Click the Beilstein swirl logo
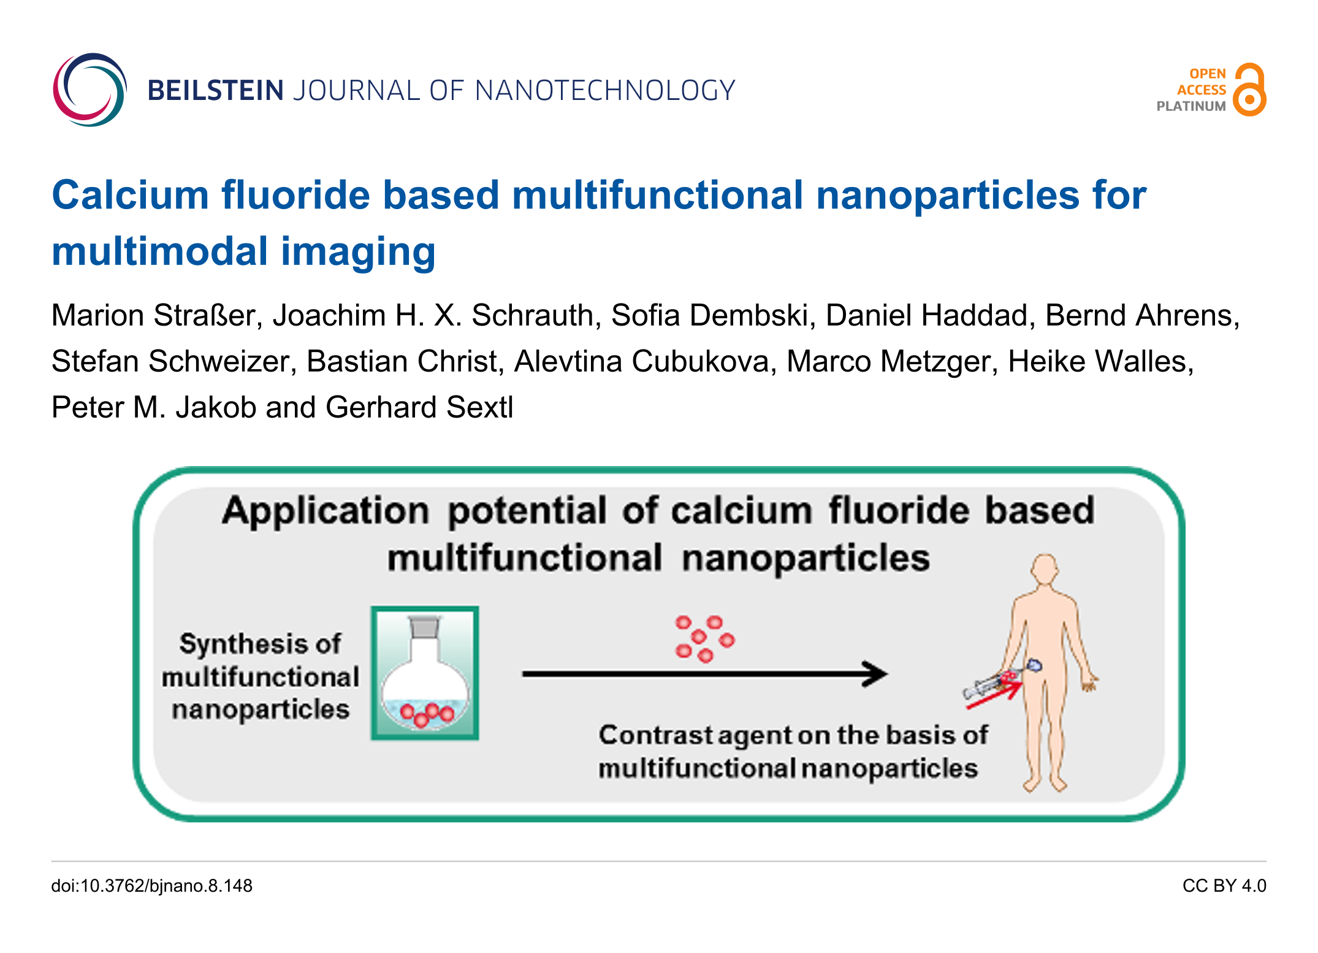click(90, 90)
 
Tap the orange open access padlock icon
click(1249, 90)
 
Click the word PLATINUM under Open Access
click(1190, 106)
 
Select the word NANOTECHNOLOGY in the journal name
click(605, 91)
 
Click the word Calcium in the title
click(131, 196)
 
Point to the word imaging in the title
click(358, 252)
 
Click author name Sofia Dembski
click(714, 315)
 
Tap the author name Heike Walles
click(1101, 361)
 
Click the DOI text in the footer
click(151, 886)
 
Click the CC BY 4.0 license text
click(1224, 886)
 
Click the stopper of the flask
click(424, 627)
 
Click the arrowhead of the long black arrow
click(875, 673)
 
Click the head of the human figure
click(1044, 568)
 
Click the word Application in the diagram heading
click(326, 511)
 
